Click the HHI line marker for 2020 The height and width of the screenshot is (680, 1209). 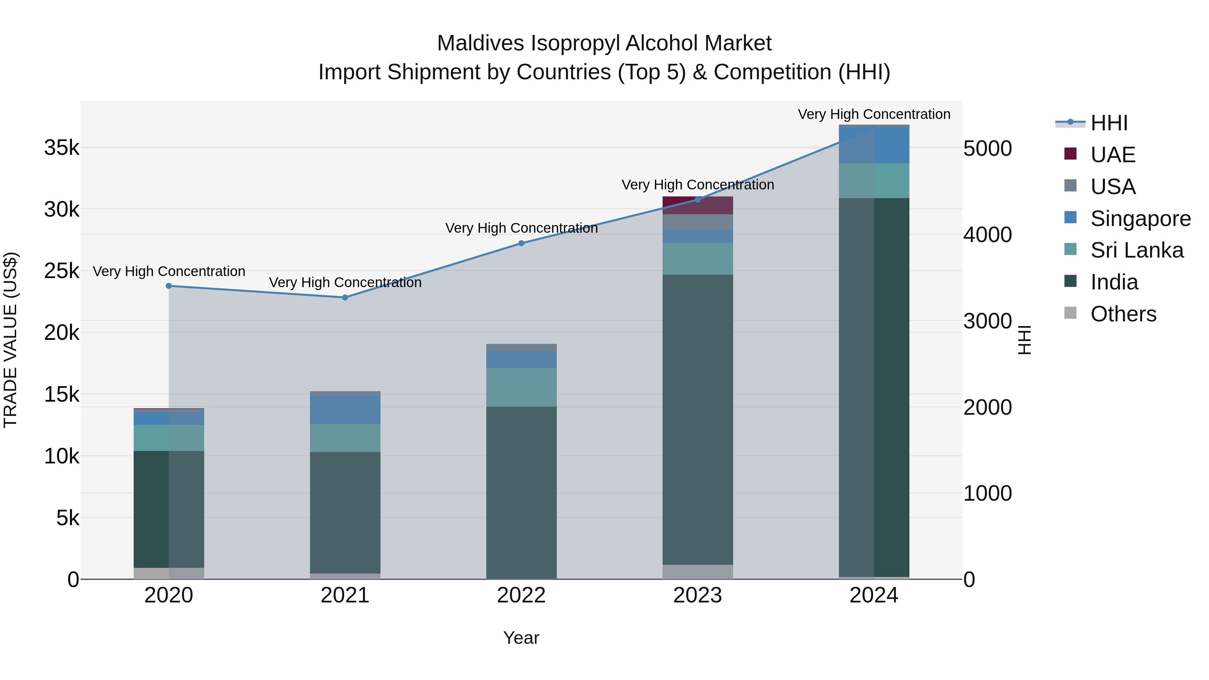(169, 286)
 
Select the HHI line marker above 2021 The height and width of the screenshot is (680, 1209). (345, 298)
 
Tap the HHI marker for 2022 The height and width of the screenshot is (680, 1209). (522, 243)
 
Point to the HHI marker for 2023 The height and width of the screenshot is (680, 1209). (698, 200)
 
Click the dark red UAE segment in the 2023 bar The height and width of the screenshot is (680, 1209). (698, 206)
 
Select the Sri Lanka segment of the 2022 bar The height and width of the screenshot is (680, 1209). (522, 387)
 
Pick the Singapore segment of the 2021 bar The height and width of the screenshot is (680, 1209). (345, 410)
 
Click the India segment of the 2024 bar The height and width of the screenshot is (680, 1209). (874, 387)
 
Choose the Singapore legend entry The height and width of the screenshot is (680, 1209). (1140, 219)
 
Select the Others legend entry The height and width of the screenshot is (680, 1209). (1123, 314)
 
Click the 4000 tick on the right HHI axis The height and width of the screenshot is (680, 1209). (987, 235)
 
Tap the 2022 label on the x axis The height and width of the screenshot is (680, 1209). (522, 595)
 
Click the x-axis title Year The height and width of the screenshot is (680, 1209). (522, 638)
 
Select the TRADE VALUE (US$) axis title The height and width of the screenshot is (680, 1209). (10, 340)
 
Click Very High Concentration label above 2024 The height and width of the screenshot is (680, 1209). (874, 114)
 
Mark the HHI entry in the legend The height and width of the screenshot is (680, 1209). (1109, 123)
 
